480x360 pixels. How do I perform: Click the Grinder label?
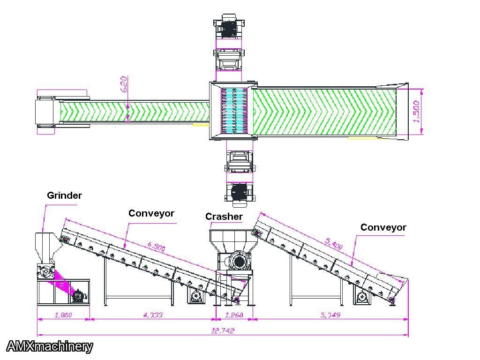point(64,195)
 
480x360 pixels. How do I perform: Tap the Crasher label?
point(224,216)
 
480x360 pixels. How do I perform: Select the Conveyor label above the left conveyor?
point(151,213)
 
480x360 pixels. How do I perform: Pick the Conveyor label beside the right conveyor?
point(383,227)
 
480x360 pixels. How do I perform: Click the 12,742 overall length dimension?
point(223,330)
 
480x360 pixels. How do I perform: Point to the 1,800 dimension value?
point(63,315)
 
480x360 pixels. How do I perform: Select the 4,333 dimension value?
point(152,315)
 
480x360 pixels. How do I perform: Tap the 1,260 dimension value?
point(234,315)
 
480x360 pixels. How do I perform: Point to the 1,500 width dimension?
point(417,112)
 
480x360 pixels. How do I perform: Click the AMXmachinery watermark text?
point(50,346)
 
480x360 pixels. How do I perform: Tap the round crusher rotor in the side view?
point(239,262)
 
